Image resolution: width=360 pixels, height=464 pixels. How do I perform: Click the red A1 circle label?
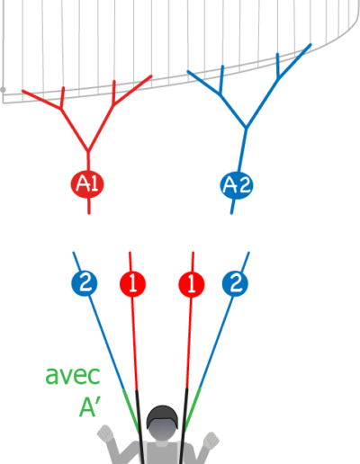click(87, 183)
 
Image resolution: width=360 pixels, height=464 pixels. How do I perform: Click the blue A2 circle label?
click(237, 185)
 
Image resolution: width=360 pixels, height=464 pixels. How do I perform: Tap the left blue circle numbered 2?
click(85, 283)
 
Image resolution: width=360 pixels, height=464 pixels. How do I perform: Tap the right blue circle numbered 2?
click(235, 283)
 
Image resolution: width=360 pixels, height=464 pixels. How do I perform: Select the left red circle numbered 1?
click(132, 284)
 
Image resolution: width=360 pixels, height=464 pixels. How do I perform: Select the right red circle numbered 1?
click(192, 284)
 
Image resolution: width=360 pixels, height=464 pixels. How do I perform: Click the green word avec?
click(73, 376)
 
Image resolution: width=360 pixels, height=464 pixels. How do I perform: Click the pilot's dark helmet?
click(162, 416)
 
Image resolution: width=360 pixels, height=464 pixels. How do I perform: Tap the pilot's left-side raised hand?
click(105, 433)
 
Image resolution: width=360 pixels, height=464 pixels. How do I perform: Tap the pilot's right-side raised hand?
click(211, 441)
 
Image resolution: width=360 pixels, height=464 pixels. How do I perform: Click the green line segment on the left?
click(130, 411)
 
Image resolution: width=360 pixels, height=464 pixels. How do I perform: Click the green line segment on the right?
click(193, 409)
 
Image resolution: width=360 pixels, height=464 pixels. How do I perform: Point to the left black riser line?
click(140, 427)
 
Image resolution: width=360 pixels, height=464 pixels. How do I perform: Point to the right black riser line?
click(184, 426)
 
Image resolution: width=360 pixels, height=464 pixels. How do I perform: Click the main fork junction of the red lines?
click(88, 151)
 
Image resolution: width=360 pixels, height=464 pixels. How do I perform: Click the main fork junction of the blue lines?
click(247, 128)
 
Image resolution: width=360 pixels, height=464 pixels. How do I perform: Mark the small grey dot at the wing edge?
click(3, 90)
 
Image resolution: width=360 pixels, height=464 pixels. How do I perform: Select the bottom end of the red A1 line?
click(89, 213)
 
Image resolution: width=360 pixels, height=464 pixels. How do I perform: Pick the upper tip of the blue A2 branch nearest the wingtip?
click(310, 45)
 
